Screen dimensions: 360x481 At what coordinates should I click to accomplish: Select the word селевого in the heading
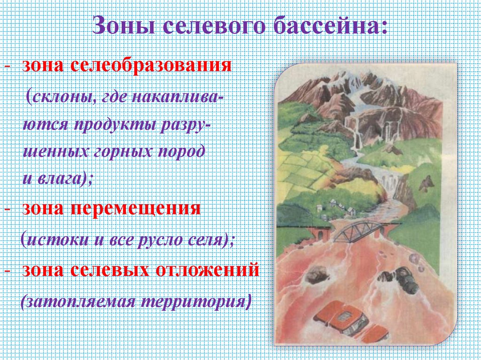[213, 26]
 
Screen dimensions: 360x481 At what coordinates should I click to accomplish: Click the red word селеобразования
[151, 65]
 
